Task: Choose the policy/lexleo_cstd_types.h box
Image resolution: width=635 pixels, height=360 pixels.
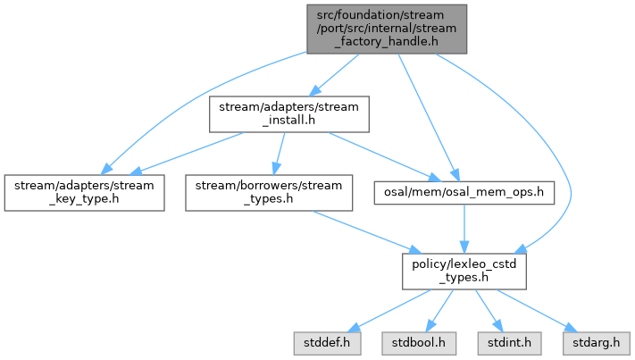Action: (464, 270)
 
